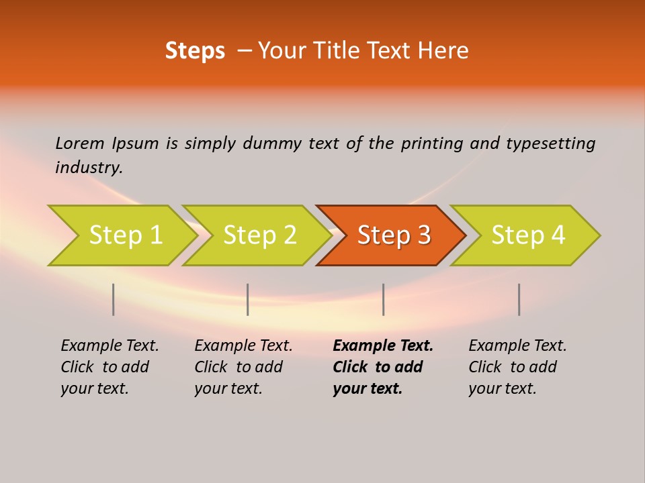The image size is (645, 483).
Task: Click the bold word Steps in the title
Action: click(195, 51)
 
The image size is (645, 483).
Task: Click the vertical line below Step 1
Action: click(114, 299)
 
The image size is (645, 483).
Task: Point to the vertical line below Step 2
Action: click(248, 299)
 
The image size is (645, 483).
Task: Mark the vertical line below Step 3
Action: click(384, 299)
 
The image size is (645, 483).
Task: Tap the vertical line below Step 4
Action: click(519, 299)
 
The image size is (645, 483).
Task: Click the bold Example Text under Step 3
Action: click(382, 367)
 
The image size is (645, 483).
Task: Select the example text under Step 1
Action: click(110, 367)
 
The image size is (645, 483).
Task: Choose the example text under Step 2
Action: click(243, 367)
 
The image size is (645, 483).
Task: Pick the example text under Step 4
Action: click(517, 367)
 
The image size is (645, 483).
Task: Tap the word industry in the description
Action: click(88, 168)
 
